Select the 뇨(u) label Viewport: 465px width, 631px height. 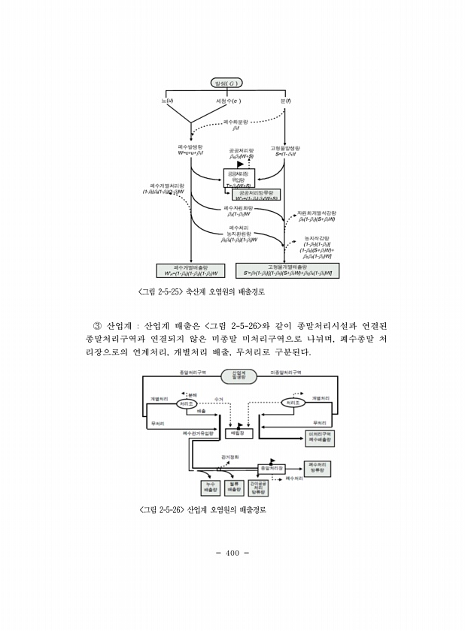coord(170,99)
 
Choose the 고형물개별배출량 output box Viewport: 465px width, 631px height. coord(287,270)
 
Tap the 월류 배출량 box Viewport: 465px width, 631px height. coord(233,488)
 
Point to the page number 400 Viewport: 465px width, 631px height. coord(232,553)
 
